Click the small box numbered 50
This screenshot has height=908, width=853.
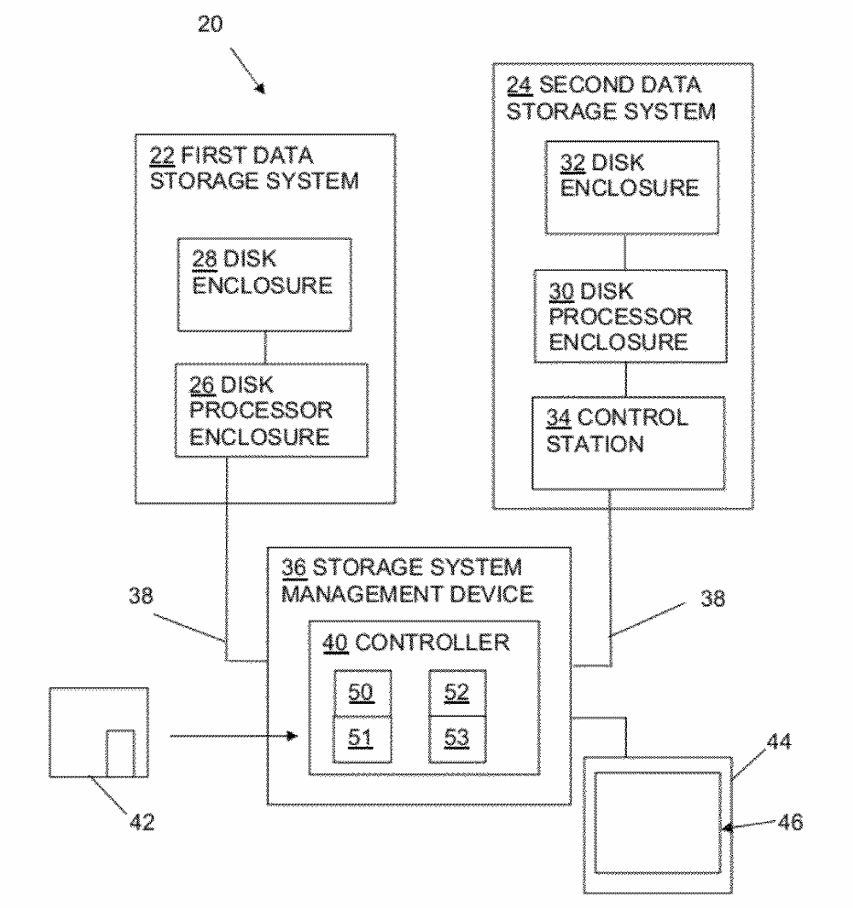point(361,693)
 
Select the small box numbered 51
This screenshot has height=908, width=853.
point(361,739)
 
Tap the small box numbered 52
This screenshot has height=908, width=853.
point(457,693)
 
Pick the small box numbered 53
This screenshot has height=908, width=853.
point(457,739)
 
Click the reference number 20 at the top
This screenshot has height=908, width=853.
point(211,25)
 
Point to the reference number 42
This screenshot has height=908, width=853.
point(141,822)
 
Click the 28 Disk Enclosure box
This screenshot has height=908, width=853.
point(264,284)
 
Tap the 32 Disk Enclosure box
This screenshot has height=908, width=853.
point(624,187)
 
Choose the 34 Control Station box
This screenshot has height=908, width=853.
point(624,442)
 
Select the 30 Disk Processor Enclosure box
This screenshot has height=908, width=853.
point(624,316)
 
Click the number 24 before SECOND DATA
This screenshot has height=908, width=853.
point(519,87)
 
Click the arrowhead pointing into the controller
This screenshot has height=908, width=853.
point(294,734)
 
